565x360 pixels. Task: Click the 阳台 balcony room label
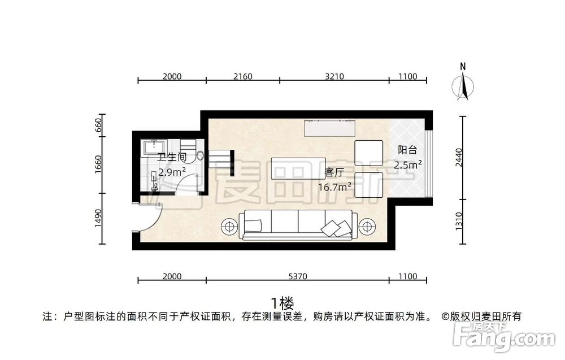pos(407,150)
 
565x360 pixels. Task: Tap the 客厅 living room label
pos(334,172)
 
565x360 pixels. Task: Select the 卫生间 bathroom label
pos(172,157)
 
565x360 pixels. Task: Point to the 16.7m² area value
pos(334,186)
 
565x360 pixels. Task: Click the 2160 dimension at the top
pos(243,76)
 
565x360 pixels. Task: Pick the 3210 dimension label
pos(334,76)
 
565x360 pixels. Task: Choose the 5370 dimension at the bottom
pos(298,276)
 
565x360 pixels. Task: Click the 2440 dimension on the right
pos(459,158)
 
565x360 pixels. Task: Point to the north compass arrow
pos(463,86)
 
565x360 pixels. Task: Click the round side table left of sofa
pos(228,226)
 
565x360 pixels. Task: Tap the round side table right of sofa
pos(367,226)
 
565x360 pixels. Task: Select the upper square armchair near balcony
pos(368,153)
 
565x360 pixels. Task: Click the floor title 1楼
pos(282,303)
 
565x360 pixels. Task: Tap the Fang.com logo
pos(504,338)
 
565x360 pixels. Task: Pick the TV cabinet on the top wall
pos(330,128)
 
